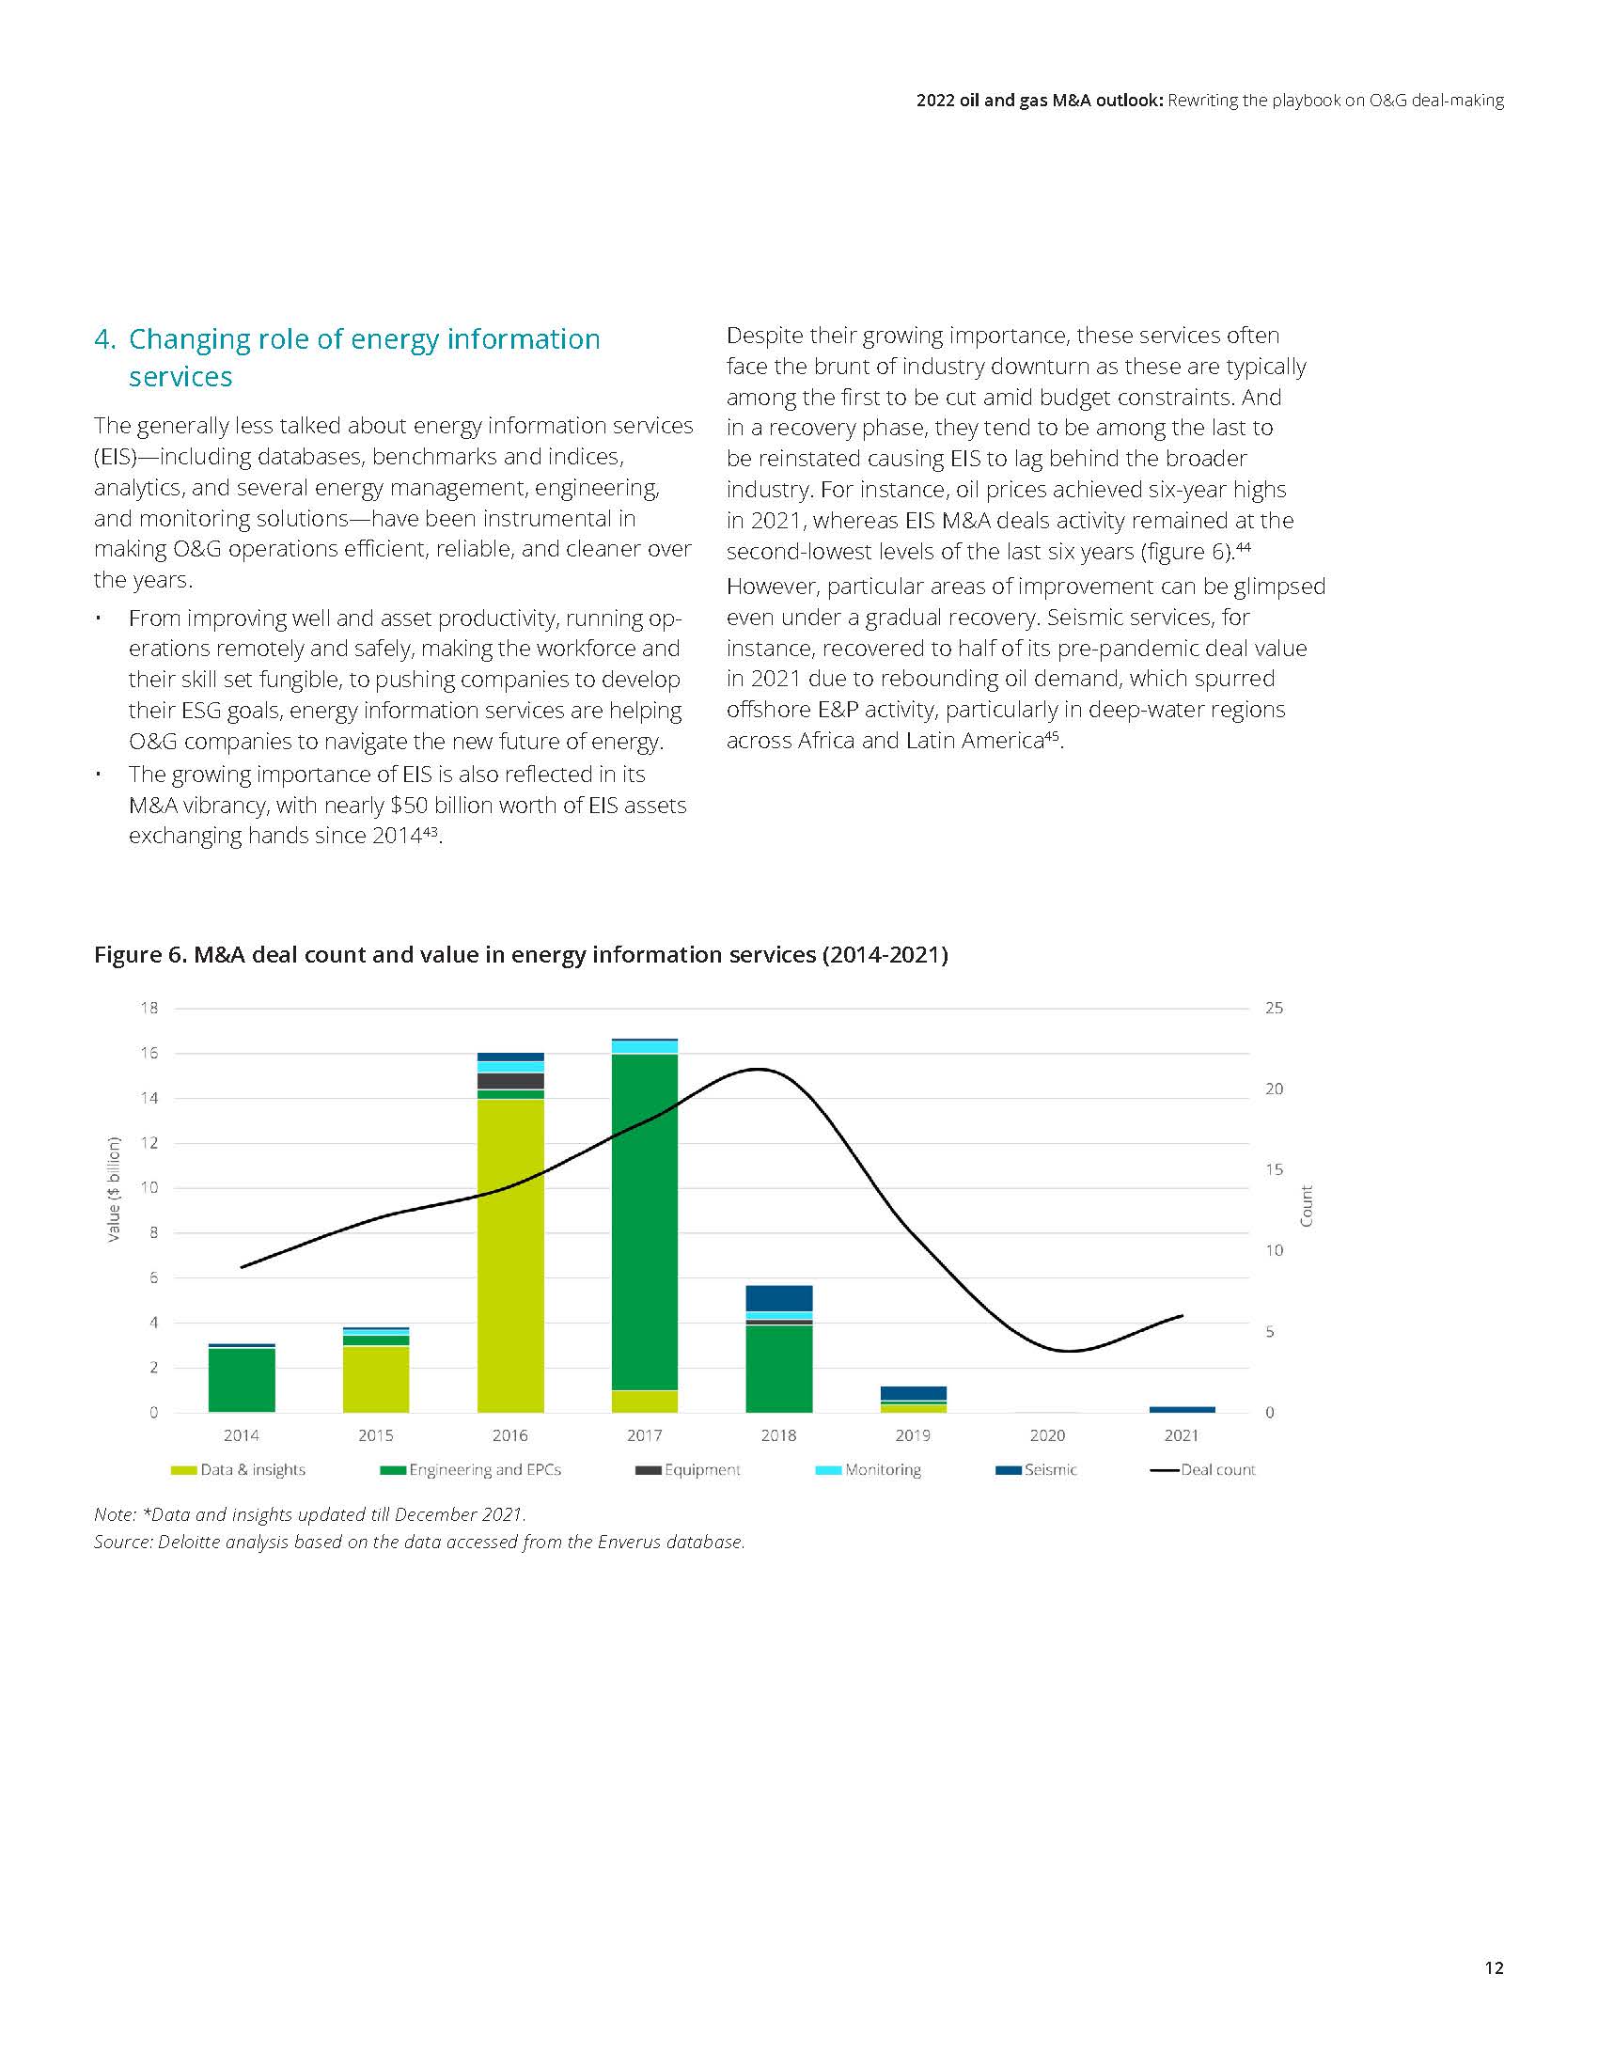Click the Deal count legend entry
tap(1203, 1469)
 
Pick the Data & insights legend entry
tap(239, 1469)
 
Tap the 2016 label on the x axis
tap(510, 1435)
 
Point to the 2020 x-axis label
tap(1047, 1435)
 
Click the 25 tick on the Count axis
tap(1275, 1009)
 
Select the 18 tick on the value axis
tap(149, 1009)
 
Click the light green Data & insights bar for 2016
tap(510, 1255)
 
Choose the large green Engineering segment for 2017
tap(645, 1221)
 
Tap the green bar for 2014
tap(242, 1380)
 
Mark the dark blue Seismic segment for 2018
tap(779, 1298)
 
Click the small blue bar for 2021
tap(1182, 1409)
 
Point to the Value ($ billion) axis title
tap(115, 1188)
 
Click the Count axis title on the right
tap(1307, 1205)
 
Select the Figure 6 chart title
tap(521, 954)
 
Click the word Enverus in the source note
tap(630, 1542)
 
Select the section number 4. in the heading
tap(104, 339)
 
